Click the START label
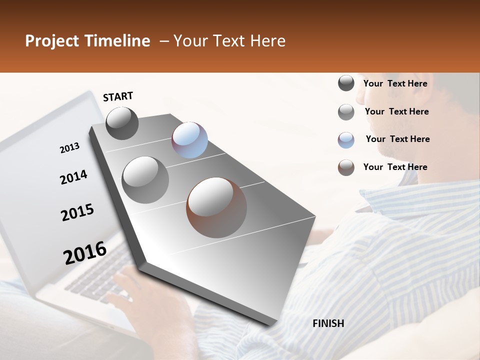click(118, 96)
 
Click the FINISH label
click(328, 323)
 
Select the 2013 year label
click(69, 148)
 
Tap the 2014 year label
click(73, 177)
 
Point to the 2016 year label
click(85, 252)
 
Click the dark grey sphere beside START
click(122, 123)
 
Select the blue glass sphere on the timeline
click(189, 140)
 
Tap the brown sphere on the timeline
click(216, 207)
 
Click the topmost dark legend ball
click(346, 83)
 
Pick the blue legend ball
click(346, 140)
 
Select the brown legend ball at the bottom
click(346, 167)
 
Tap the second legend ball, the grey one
click(346, 112)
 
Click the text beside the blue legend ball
click(397, 139)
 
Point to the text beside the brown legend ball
click(395, 167)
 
